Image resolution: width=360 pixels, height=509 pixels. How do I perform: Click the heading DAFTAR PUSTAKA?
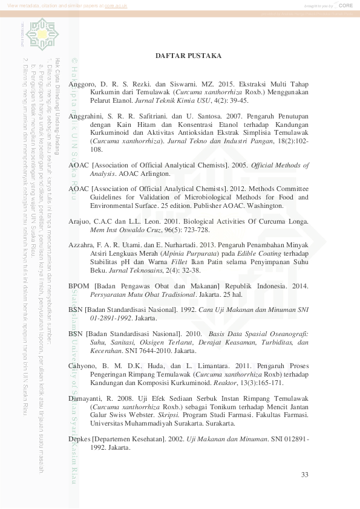tap(188, 56)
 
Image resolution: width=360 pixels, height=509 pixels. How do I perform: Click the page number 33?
tap(305, 475)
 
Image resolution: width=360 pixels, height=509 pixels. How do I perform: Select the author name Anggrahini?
tap(87, 115)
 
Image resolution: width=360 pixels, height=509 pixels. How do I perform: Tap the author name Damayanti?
tap(86, 399)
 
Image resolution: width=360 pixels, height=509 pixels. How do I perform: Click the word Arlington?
tap(152, 173)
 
